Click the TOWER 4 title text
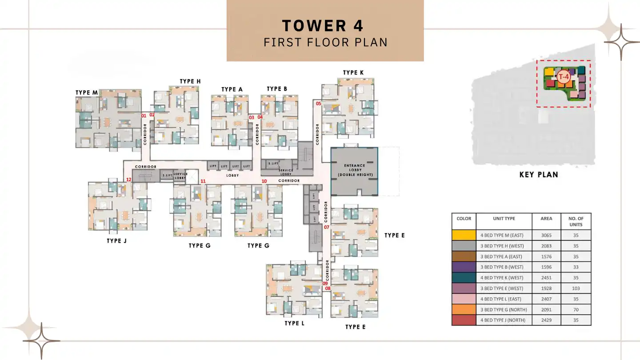(323, 26)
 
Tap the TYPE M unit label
(87, 92)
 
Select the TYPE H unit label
(190, 81)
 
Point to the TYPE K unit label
(353, 72)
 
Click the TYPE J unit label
(116, 240)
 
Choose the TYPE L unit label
(294, 323)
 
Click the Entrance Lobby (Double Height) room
(354, 171)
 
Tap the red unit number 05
(318, 104)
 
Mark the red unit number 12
(128, 180)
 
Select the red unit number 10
(264, 181)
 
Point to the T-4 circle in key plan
(564, 76)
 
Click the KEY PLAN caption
(539, 175)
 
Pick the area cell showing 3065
(546, 235)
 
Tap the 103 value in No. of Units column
(576, 288)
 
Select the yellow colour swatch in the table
(464, 235)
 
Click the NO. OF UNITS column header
(576, 221)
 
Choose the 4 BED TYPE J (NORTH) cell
(504, 320)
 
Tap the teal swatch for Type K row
(464, 278)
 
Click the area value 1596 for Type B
(546, 267)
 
